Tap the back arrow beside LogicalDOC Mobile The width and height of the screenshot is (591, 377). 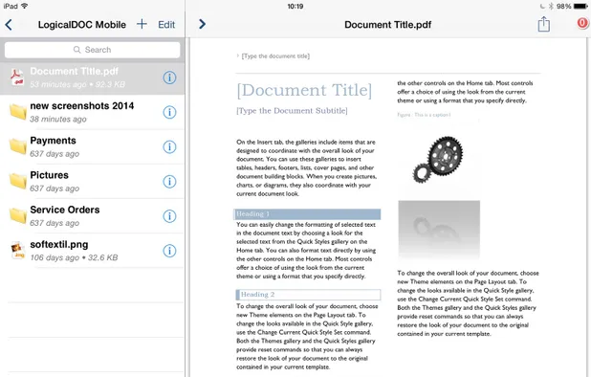[x=10, y=24]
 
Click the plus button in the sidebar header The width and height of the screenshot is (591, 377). [x=142, y=24]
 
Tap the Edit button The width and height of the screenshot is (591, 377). [x=166, y=24]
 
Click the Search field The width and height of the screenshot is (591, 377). [x=93, y=50]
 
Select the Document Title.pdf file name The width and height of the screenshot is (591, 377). [x=75, y=71]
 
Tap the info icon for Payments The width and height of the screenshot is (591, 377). [x=169, y=146]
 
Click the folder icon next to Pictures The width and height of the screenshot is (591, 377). [x=17, y=181]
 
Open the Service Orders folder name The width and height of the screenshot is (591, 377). [x=65, y=210]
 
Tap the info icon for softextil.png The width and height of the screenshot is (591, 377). [x=169, y=251]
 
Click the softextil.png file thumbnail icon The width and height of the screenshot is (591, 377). [x=17, y=251]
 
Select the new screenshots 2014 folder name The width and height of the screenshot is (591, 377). [x=82, y=105]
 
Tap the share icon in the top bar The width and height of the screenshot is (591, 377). [x=543, y=25]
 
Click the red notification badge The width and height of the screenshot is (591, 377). [x=582, y=25]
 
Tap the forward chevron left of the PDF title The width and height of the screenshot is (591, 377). [x=202, y=24]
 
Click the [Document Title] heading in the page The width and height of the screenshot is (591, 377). [x=304, y=91]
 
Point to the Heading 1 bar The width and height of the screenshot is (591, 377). [x=308, y=214]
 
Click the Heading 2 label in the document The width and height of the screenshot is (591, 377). [x=258, y=295]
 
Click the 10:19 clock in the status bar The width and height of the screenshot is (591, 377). [x=295, y=6]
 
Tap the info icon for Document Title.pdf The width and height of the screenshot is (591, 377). [x=169, y=78]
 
